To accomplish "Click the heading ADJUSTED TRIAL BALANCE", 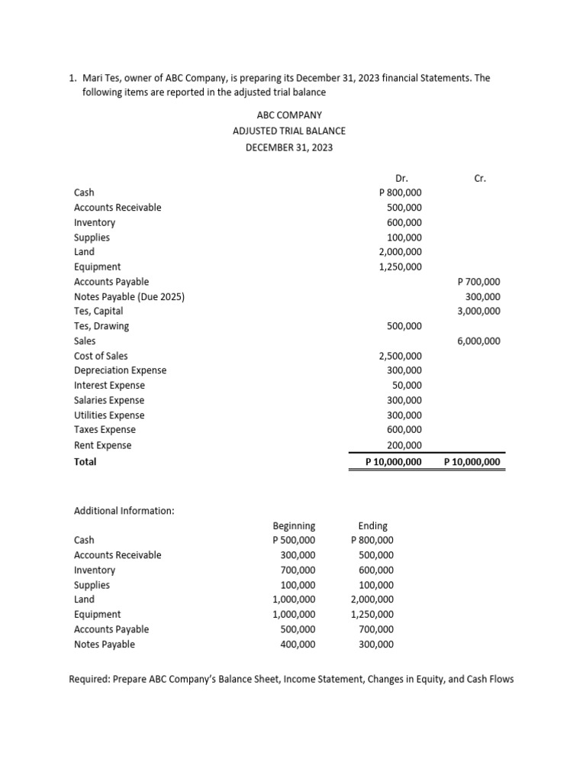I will coord(288,131).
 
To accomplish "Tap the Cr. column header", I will coord(480,178).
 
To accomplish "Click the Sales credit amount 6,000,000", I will coord(478,341).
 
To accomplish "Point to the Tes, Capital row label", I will coord(98,312).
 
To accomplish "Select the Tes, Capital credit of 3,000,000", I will coord(478,312).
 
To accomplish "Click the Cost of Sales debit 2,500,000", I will coord(400,357).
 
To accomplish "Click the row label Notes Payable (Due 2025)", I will coord(129,297).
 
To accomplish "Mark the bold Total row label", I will coord(85,462).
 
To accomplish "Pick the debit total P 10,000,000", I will coord(393,462).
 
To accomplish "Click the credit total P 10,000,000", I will coord(472,462).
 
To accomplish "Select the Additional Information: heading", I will coord(124,510).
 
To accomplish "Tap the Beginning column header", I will coord(294,526).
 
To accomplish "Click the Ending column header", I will coord(372,526).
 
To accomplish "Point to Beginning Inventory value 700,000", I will coord(297,570).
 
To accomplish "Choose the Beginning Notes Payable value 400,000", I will coord(297,645).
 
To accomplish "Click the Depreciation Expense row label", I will coord(120,371).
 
